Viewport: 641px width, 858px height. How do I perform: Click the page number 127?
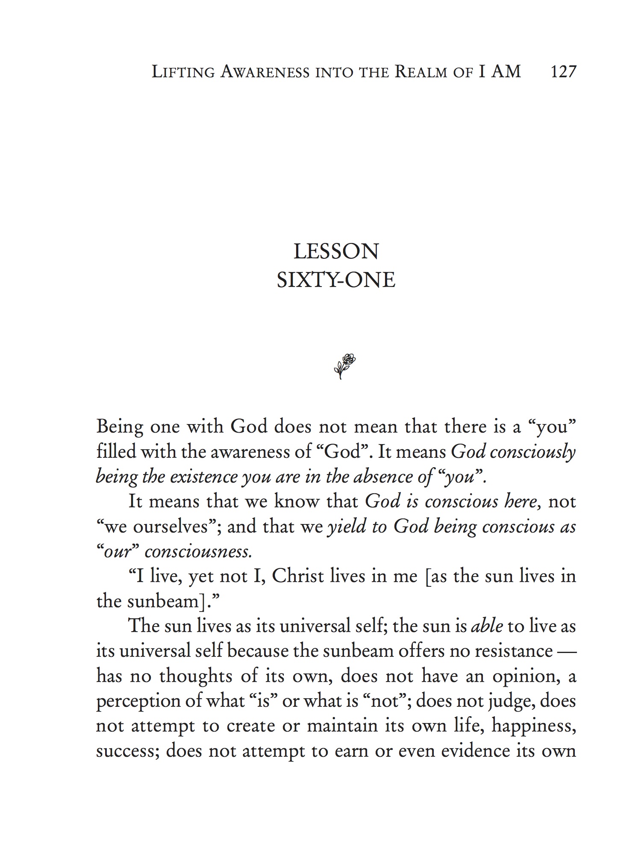tap(564, 72)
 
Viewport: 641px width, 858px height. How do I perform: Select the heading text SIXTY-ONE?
tap(336, 280)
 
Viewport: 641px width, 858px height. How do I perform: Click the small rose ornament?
tap(344, 366)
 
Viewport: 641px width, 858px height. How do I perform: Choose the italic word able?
tap(487, 626)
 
